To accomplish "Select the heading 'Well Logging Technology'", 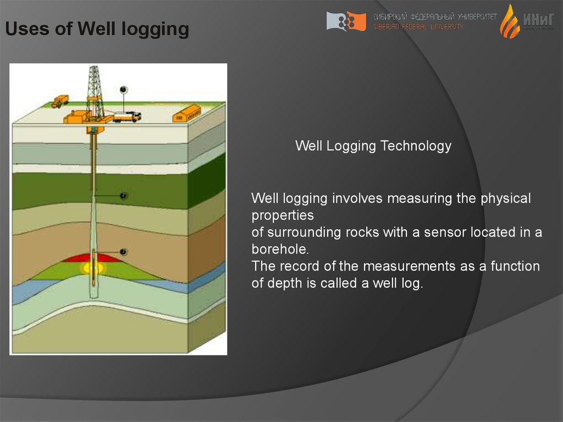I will pyautogui.click(x=373, y=146).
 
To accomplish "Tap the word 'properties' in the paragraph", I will pyautogui.click(x=283, y=215).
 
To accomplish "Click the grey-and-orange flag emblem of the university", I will pyautogui.click(x=346, y=21).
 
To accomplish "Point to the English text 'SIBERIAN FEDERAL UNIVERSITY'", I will pyautogui.click(x=418, y=26).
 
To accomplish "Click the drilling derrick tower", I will pyautogui.click(x=95, y=91).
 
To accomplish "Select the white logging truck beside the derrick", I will pyautogui.click(x=127, y=116).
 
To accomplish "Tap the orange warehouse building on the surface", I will pyautogui.click(x=187, y=114).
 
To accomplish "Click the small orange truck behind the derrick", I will pyautogui.click(x=60, y=101).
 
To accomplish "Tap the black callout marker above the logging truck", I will pyautogui.click(x=123, y=89).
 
